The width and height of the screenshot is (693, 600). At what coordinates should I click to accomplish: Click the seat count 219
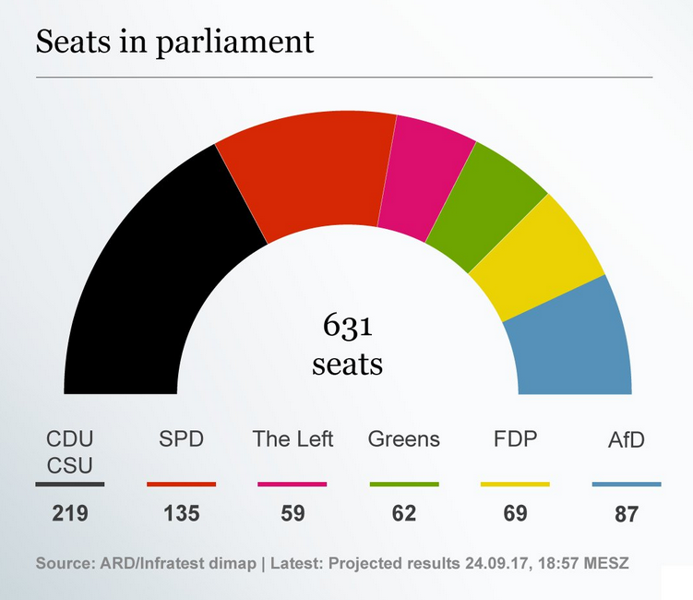coord(70,513)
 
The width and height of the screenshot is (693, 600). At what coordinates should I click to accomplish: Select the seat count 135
coord(181,513)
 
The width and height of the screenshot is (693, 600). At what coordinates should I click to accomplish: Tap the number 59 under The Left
coord(293,513)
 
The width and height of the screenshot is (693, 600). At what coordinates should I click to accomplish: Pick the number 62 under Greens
coord(404,513)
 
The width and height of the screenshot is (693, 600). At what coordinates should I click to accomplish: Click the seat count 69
coord(515,513)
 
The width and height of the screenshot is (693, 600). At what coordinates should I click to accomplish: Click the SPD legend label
coord(181,439)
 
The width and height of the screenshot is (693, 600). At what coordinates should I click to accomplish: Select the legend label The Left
coord(293,439)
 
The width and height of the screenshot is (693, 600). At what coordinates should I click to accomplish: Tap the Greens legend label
coord(404,439)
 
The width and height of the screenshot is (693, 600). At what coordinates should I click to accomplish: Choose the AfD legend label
coord(627,440)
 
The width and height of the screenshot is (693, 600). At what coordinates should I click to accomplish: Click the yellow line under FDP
coord(515,484)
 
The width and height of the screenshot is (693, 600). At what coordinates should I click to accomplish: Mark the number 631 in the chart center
coord(347,328)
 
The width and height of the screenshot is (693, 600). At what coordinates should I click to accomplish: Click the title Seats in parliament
coord(174,42)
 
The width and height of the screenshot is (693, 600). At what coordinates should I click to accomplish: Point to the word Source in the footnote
coord(66,562)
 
